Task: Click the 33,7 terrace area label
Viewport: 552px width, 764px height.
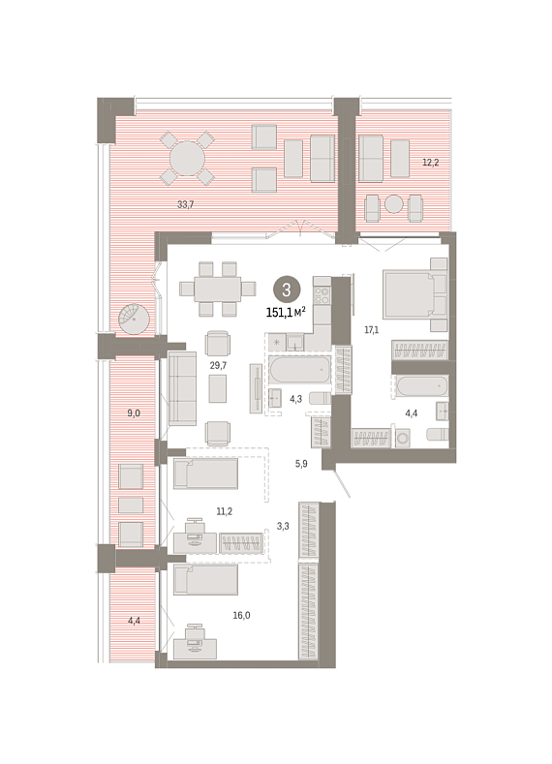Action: click(186, 204)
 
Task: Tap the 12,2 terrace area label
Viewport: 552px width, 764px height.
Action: click(430, 163)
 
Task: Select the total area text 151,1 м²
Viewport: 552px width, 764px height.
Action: click(286, 313)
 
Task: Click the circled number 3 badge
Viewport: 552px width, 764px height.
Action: click(286, 290)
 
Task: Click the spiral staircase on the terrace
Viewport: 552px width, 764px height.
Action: click(134, 319)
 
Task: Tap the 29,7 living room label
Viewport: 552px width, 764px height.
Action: click(218, 365)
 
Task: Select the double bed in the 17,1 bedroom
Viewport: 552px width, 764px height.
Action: click(415, 294)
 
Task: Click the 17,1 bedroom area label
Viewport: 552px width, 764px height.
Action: click(371, 330)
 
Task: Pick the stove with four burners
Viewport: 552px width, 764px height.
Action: click(322, 294)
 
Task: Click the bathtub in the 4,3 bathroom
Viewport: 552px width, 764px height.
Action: click(299, 369)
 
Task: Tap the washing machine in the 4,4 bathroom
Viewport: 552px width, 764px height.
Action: click(403, 438)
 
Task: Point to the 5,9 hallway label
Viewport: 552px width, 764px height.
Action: click(301, 464)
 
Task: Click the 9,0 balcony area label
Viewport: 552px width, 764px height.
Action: click(134, 413)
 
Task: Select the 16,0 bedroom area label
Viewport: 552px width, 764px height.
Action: click(241, 616)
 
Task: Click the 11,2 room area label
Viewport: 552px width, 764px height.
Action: click(225, 511)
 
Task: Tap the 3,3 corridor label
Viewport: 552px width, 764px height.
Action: click(283, 526)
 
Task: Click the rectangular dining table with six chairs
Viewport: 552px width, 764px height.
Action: click(217, 289)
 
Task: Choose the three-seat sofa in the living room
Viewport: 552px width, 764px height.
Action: click(182, 388)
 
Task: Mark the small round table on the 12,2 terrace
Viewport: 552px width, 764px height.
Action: click(394, 204)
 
